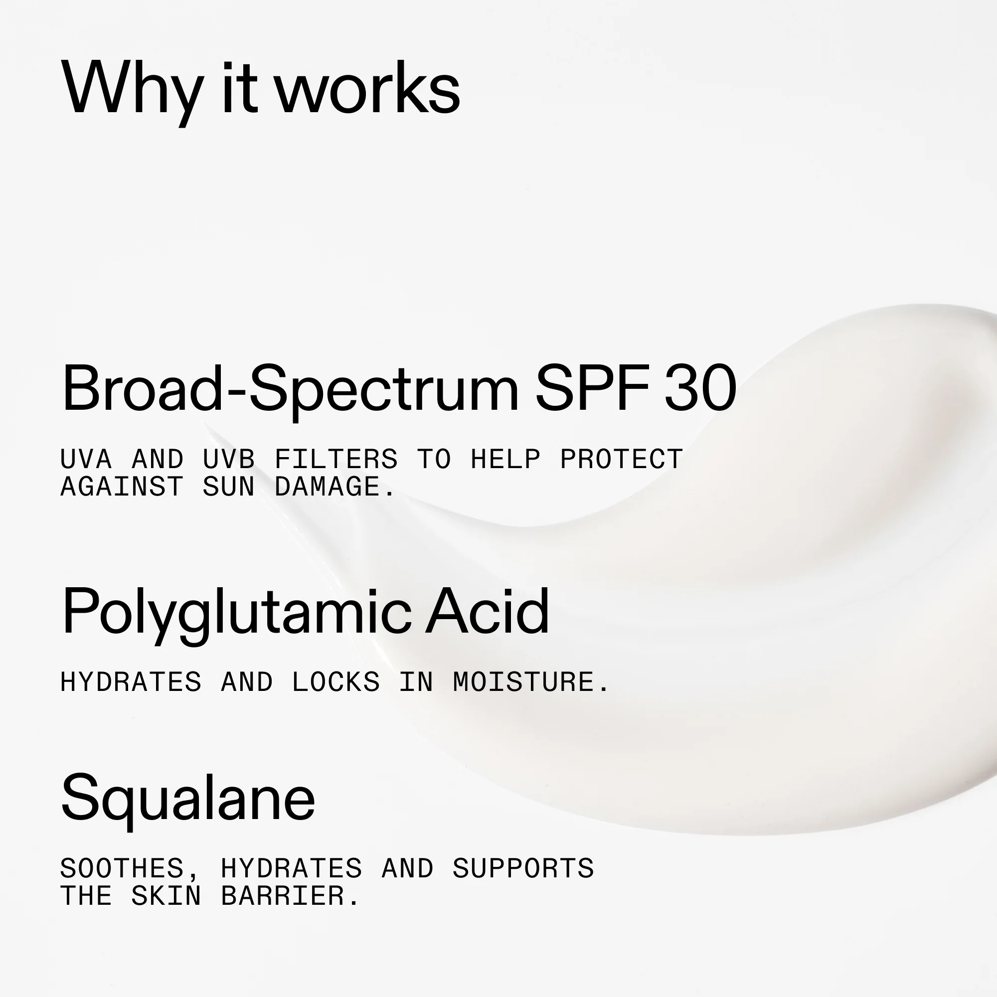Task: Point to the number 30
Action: pyautogui.click(x=700, y=388)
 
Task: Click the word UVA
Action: pyautogui.click(x=86, y=459)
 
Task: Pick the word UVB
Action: pyautogui.click(x=229, y=459)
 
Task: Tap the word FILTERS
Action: pyautogui.click(x=336, y=459)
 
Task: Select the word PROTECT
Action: pyautogui.click(x=621, y=459)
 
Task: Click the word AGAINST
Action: pyautogui.click(x=122, y=487)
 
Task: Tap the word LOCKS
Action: pyautogui.click(x=336, y=682)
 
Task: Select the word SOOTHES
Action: pyautogui.click(x=122, y=868)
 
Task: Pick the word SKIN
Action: pyautogui.click(x=166, y=896)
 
